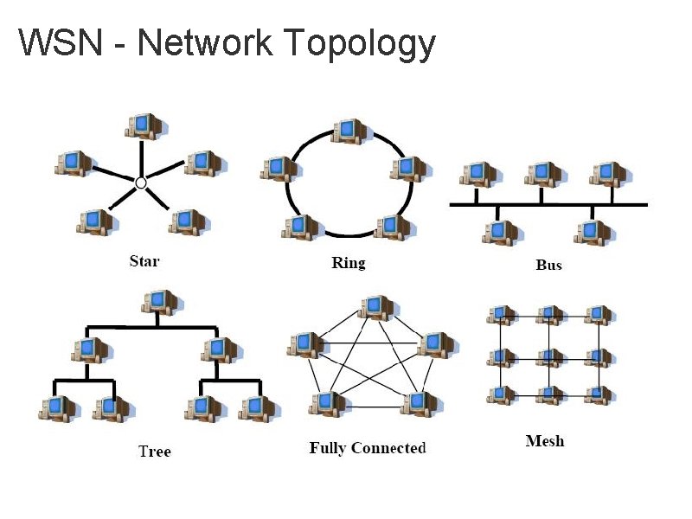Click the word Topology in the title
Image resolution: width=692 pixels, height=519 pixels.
click(359, 43)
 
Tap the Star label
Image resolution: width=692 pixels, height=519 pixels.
click(144, 260)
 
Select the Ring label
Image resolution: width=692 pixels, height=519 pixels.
click(349, 263)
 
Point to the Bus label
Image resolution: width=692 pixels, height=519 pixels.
click(548, 265)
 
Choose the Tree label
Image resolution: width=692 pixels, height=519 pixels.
click(155, 451)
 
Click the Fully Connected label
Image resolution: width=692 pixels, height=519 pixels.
click(368, 448)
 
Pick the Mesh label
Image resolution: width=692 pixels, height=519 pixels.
click(545, 441)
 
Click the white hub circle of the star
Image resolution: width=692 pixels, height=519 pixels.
click(141, 183)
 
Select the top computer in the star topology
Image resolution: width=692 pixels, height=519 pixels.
click(144, 126)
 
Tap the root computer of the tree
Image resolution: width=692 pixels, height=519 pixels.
click(160, 302)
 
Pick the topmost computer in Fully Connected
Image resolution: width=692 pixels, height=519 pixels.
click(375, 307)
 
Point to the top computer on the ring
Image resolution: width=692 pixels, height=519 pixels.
click(349, 131)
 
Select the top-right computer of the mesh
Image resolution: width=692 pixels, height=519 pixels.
click(596, 316)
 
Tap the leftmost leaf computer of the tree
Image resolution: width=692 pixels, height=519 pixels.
click(59, 407)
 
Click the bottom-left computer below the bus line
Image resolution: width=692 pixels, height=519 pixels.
click(500, 233)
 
